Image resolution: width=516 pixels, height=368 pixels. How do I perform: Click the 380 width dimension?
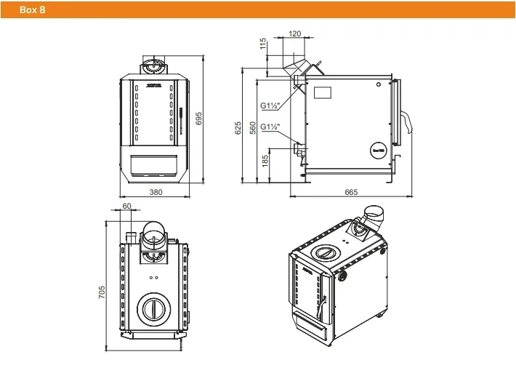(x=155, y=192)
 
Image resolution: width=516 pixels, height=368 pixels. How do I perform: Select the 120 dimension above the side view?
(x=294, y=34)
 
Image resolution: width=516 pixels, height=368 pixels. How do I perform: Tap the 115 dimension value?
(x=263, y=44)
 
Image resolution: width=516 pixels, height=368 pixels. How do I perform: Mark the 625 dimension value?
(x=238, y=127)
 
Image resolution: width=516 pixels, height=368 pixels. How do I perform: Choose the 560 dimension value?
(x=252, y=127)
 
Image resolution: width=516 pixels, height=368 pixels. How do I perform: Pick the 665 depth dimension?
(x=351, y=192)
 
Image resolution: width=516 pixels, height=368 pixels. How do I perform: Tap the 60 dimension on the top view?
(x=127, y=207)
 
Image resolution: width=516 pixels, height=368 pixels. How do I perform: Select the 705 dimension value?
(x=102, y=292)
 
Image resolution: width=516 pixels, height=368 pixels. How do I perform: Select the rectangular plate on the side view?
(x=321, y=93)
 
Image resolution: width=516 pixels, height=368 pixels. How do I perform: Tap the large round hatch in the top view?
(x=153, y=306)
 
